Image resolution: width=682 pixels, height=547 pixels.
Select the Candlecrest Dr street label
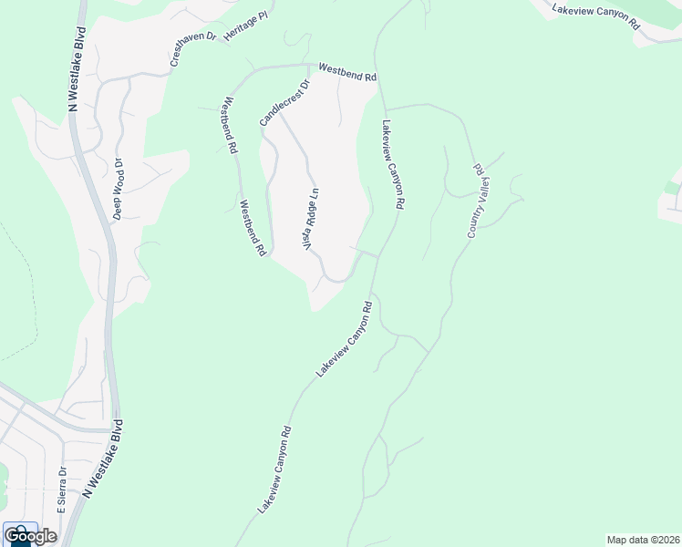pos(284,102)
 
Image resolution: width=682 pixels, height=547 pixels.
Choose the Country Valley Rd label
pos(477,201)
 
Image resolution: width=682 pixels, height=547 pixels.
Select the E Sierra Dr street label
pos(62,491)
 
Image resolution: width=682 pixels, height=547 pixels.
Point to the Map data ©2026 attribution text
pos(643,540)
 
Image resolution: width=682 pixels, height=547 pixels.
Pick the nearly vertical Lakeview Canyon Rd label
pos(392,167)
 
